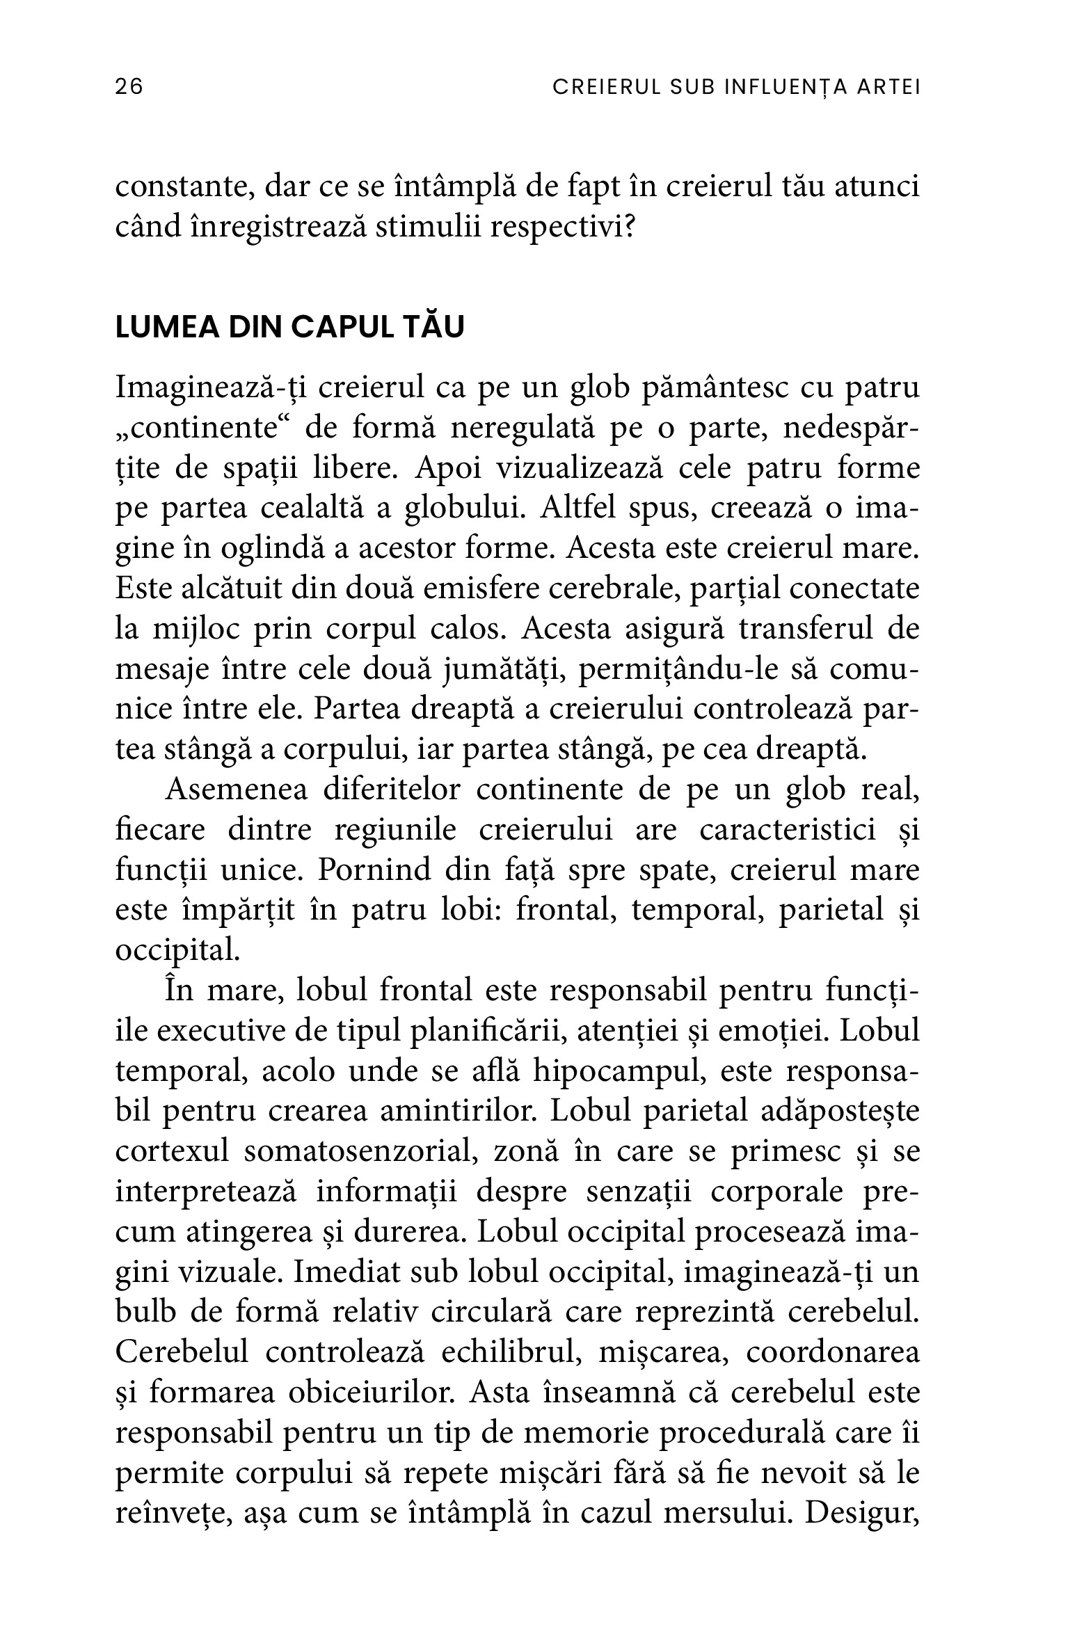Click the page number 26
tap(129, 87)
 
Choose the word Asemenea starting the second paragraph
tap(228, 790)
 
